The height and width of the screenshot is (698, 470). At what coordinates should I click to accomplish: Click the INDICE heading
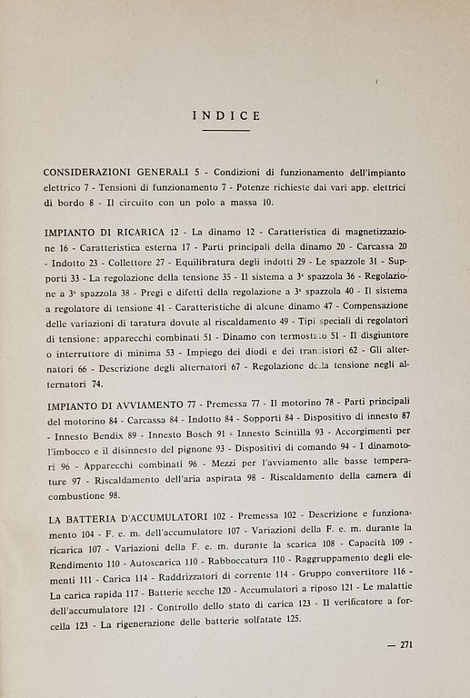tap(227, 115)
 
